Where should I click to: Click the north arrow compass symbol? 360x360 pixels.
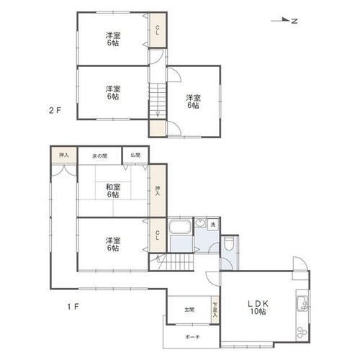coord(284,21)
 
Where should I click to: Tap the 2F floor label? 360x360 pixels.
coord(55,110)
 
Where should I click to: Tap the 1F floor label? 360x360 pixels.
coord(73,307)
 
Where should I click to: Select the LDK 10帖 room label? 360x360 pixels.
coord(258,307)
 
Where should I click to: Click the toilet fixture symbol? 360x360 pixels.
coord(230,244)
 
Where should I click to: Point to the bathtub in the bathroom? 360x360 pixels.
coord(180,227)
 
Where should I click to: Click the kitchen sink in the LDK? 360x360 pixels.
coord(302,303)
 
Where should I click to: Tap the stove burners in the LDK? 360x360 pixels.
coord(302,332)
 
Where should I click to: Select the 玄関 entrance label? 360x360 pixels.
coord(189,310)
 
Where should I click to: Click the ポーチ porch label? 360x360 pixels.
coord(192,337)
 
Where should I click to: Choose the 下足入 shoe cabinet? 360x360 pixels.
coord(215,310)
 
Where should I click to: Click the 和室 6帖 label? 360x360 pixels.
coord(113,191)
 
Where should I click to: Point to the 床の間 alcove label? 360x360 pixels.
coord(99,156)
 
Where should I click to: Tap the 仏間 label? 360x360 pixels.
coord(135,155)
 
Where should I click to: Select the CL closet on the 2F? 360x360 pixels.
coord(158,30)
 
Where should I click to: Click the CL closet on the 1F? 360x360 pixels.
coord(158,235)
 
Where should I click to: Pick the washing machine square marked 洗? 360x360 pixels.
coord(213,225)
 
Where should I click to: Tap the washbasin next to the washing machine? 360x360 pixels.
coord(199,223)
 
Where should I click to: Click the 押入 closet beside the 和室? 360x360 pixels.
coord(158,191)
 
